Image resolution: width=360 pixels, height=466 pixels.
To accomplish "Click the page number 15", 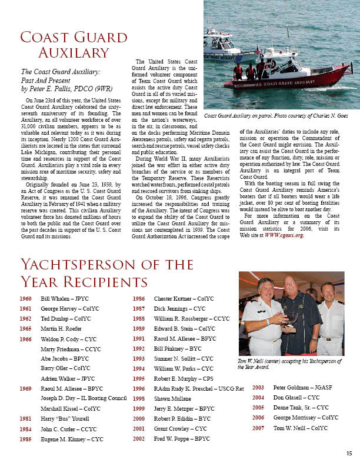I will (x=349, y=452).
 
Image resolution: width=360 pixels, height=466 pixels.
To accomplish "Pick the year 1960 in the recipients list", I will (x=26, y=299).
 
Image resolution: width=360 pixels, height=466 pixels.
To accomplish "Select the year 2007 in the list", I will (x=258, y=428).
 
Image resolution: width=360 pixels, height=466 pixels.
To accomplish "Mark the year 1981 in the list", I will (x=26, y=418).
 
